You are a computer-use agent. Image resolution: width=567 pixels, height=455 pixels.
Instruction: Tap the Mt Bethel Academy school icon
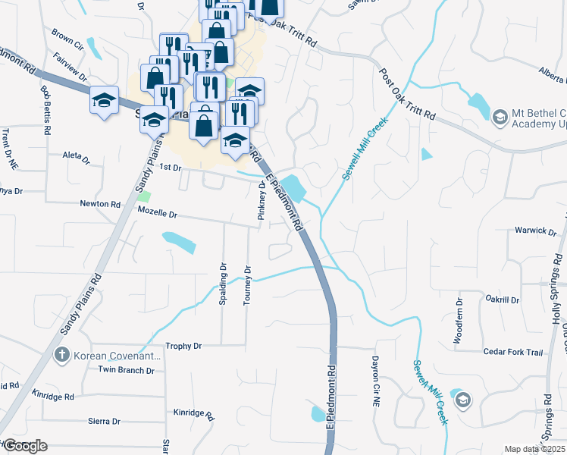(499, 117)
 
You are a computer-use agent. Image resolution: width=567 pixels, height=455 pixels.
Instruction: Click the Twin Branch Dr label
(126, 370)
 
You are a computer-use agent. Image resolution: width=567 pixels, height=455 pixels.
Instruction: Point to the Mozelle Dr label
(156, 215)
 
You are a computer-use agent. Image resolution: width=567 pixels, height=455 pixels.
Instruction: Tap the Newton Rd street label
(101, 204)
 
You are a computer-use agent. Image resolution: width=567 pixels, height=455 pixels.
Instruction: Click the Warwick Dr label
(531, 230)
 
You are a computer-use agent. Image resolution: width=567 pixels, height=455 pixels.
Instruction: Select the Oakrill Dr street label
(502, 300)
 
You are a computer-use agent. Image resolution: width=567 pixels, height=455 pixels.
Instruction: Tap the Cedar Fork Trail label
(513, 352)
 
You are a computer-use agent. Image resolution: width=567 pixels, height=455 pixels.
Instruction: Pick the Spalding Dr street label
(223, 284)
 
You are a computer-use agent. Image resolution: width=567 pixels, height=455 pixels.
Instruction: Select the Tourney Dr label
(246, 285)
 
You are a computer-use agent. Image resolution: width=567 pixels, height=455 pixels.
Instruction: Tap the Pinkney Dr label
(262, 201)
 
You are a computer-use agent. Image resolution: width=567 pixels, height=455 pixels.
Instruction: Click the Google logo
(24, 446)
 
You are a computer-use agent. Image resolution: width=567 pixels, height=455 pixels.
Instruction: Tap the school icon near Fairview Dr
(104, 100)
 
